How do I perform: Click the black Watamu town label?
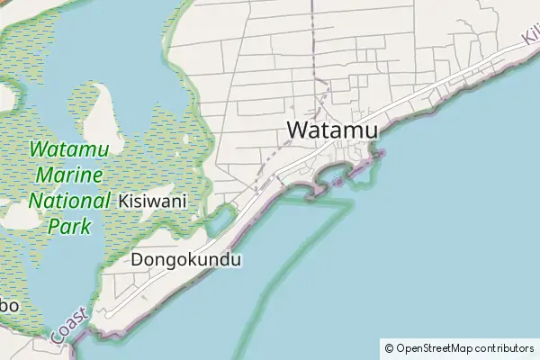tap(332, 130)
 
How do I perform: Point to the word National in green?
tap(69, 201)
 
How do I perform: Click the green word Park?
tap(69, 226)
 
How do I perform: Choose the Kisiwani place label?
tap(152, 202)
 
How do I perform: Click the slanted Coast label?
tap(70, 324)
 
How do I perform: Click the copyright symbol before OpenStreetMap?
tap(389, 347)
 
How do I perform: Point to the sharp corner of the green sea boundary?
tap(350, 205)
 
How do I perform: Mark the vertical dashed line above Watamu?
tap(313, 45)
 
